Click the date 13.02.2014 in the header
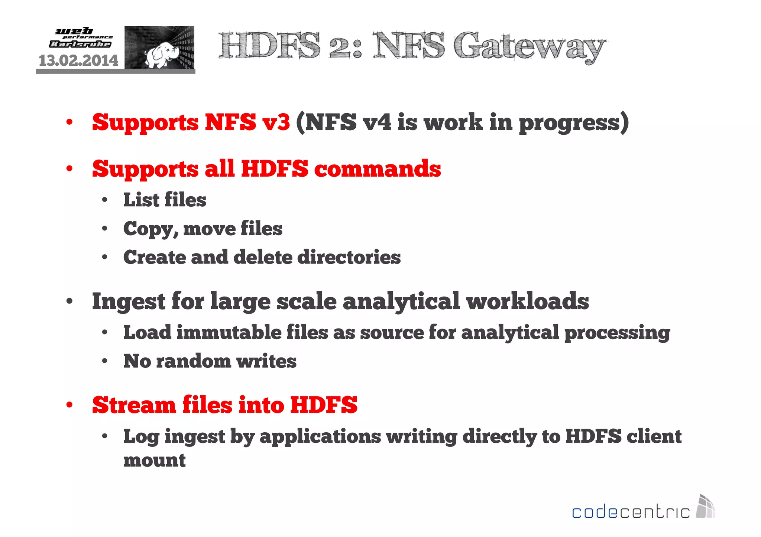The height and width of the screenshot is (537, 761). [x=78, y=60]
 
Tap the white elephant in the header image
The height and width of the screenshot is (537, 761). [x=160, y=54]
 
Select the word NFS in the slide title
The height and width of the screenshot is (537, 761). [x=409, y=46]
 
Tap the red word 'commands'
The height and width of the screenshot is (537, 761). [x=378, y=169]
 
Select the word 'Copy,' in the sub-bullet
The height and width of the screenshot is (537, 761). [x=151, y=229]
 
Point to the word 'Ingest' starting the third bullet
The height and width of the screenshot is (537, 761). [x=129, y=301]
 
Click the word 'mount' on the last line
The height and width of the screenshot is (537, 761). [x=154, y=461]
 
